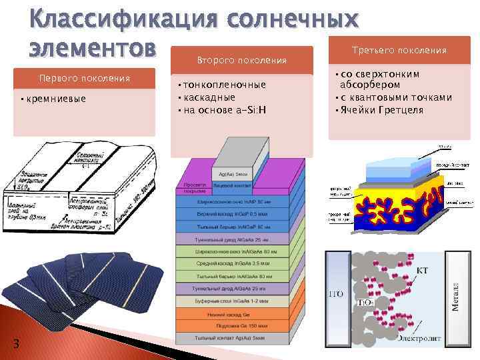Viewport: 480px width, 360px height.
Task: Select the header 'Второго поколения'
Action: [x=242, y=60]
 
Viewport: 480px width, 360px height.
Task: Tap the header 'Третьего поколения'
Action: [x=399, y=50]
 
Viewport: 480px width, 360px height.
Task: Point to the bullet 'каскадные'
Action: [x=209, y=97]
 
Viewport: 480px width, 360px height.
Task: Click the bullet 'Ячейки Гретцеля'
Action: [x=381, y=109]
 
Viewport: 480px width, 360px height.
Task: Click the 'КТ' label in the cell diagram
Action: [x=423, y=270]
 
